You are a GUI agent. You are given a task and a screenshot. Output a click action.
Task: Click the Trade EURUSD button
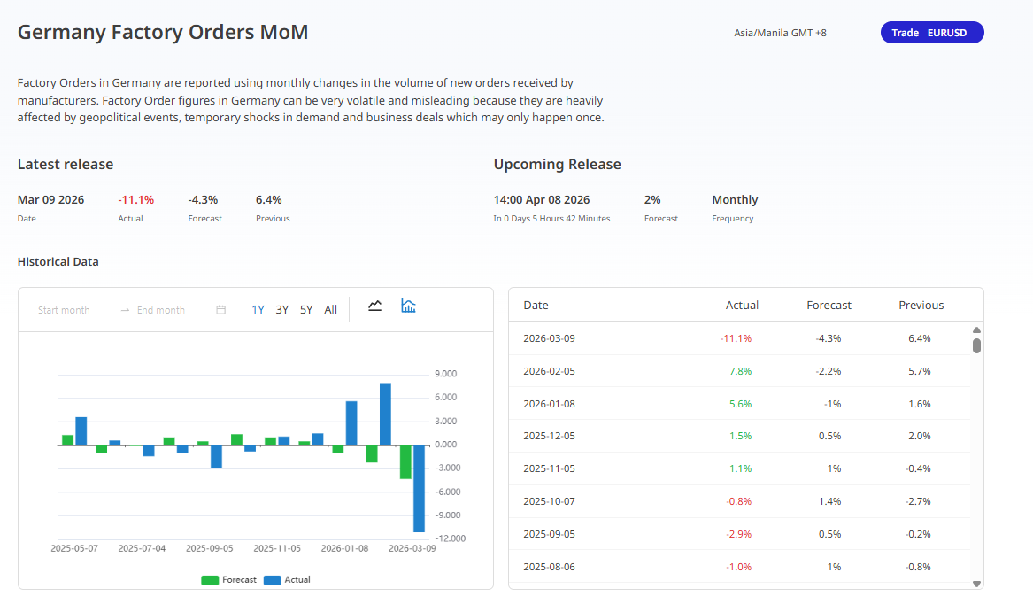point(931,33)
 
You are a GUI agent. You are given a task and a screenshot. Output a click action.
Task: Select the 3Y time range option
point(281,310)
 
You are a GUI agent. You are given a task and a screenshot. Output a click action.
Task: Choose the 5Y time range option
point(306,310)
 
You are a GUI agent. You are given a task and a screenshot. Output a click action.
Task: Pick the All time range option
point(330,310)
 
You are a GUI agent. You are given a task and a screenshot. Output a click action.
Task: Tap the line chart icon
point(375,306)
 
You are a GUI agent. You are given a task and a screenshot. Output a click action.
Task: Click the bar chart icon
point(408,306)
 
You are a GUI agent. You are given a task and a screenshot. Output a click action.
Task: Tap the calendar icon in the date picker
point(221,310)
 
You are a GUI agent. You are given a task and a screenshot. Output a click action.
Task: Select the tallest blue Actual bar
point(385,414)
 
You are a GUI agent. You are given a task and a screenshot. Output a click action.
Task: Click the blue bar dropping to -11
point(419,488)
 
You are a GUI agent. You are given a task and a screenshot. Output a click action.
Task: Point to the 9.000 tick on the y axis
point(444,374)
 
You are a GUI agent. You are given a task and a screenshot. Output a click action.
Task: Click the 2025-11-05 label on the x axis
point(277,548)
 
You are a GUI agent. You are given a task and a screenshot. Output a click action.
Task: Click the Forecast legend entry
point(229,580)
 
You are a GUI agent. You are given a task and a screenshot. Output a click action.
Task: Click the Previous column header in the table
point(921,306)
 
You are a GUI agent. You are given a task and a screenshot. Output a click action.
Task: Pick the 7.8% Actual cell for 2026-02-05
point(740,371)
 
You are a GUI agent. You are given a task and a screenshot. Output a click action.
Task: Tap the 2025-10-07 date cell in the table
point(549,501)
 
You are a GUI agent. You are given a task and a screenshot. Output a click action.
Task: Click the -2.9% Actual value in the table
point(739,534)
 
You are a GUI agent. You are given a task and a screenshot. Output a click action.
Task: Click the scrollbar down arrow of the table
point(976,584)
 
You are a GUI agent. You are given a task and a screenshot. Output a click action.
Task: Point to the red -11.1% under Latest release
point(135,200)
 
